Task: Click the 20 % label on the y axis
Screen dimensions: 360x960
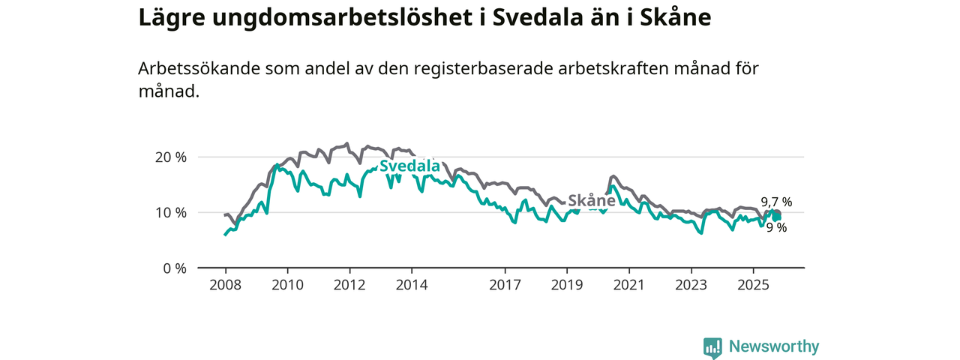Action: [171, 157]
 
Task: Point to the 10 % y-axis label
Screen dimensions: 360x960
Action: [171, 213]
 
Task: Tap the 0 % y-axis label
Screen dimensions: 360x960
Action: [175, 268]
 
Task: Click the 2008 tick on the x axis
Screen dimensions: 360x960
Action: [225, 285]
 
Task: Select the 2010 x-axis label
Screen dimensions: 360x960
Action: [287, 285]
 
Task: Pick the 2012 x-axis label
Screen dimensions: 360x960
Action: [349, 285]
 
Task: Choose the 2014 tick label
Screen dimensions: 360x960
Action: [412, 285]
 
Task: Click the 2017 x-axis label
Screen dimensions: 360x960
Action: [505, 285]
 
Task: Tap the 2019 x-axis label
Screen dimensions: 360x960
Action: [567, 285]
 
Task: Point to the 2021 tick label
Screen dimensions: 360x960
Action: [629, 285]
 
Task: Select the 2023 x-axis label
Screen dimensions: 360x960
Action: [691, 285]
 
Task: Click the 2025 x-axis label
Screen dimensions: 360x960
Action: [754, 285]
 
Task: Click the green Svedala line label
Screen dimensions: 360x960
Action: [409, 166]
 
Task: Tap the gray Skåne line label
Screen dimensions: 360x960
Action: [592, 201]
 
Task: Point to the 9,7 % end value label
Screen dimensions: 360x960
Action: [776, 202]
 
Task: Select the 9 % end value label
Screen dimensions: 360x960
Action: [776, 228]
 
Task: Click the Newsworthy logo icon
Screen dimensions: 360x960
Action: [712, 347]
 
